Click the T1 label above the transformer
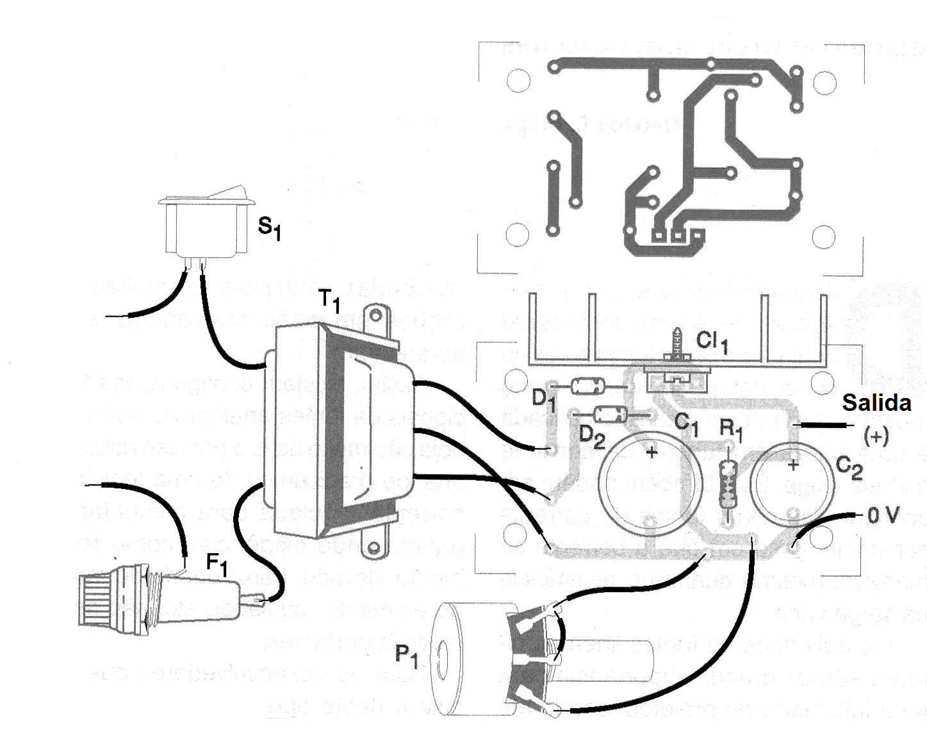329,301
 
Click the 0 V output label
884,515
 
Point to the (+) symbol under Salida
876,437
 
